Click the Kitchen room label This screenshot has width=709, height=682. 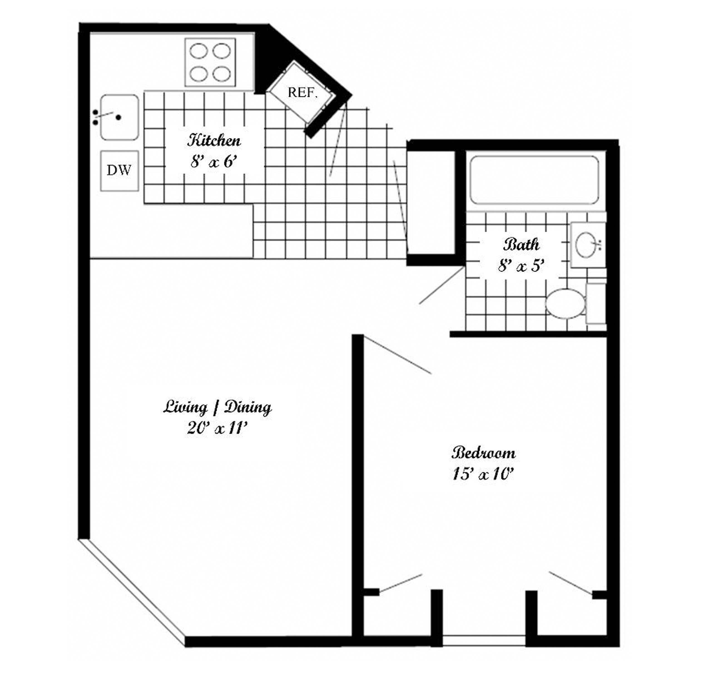point(214,140)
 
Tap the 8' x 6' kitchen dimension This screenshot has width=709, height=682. point(214,161)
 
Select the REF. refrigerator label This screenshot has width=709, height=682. point(303,93)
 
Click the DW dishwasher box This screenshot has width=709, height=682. point(119,170)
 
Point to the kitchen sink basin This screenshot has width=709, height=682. point(119,117)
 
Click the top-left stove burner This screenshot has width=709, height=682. point(199,51)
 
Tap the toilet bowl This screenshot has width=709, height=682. point(565,303)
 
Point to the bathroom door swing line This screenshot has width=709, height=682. point(442,285)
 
